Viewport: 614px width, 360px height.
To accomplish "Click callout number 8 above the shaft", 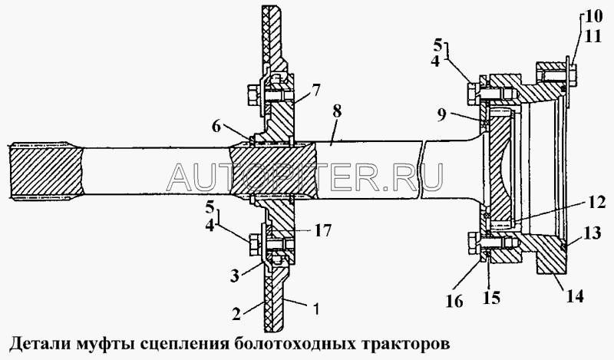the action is pyautogui.click(x=336, y=113).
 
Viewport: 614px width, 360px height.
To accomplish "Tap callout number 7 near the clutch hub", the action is pyautogui.click(x=315, y=91).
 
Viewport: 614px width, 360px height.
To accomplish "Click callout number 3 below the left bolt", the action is pyautogui.click(x=235, y=276).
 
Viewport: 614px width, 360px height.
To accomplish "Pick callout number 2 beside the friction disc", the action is pyautogui.click(x=236, y=313).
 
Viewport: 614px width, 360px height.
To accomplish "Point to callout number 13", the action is pyautogui.click(x=593, y=233).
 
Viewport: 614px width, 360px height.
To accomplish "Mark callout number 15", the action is pyautogui.click(x=491, y=297).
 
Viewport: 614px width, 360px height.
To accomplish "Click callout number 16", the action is pyautogui.click(x=454, y=301).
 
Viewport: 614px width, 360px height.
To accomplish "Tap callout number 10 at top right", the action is pyautogui.click(x=593, y=17).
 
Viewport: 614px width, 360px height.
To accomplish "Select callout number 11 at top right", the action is pyautogui.click(x=593, y=36).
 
